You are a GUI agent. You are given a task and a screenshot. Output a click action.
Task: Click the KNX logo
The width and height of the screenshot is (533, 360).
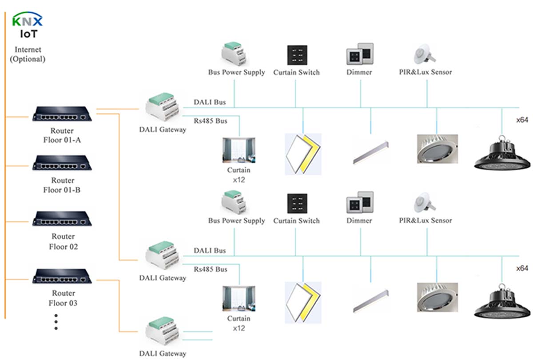click(x=28, y=20)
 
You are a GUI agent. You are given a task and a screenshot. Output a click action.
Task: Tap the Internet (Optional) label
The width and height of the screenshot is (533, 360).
click(x=28, y=54)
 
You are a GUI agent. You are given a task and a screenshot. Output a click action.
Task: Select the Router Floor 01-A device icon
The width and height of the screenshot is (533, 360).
click(x=62, y=114)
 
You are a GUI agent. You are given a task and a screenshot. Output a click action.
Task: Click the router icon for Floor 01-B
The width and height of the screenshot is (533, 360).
click(x=62, y=163)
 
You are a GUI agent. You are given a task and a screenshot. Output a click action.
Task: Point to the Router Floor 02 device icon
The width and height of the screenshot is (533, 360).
click(x=62, y=219)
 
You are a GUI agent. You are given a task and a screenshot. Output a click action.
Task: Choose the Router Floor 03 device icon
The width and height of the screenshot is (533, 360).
click(x=62, y=276)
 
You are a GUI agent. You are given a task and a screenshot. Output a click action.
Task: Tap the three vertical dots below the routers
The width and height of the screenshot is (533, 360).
click(x=56, y=321)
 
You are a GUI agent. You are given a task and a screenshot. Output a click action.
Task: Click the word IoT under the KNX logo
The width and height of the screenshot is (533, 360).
click(x=28, y=34)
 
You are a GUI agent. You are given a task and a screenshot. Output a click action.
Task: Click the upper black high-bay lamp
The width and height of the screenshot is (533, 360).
click(x=502, y=154)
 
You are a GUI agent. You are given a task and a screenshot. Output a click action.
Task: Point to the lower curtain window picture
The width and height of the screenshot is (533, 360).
click(x=239, y=299)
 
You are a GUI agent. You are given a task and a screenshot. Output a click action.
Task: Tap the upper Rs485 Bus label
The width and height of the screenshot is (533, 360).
click(x=211, y=120)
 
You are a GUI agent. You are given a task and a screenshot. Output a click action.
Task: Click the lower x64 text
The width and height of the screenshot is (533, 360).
click(x=522, y=268)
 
